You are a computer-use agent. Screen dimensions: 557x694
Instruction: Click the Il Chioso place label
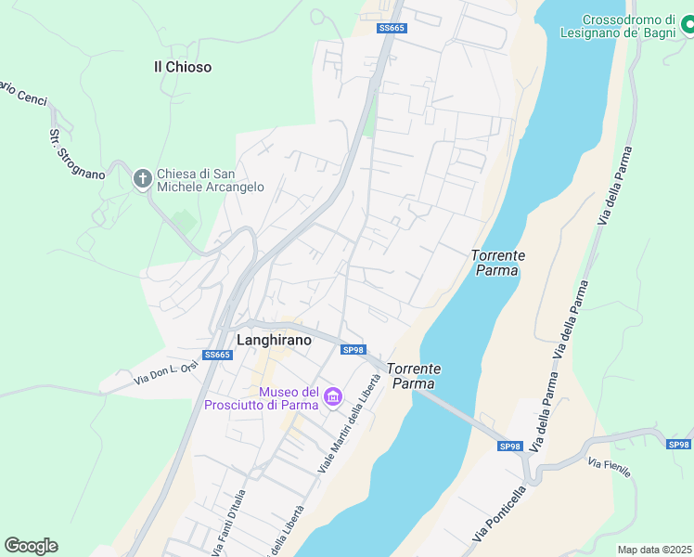point(183,67)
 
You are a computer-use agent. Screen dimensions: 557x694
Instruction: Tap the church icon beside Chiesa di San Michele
point(142,178)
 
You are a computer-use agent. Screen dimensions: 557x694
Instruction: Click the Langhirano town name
point(274,341)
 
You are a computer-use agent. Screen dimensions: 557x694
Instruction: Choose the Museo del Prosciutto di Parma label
point(263,398)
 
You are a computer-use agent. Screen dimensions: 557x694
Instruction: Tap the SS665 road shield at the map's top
point(392,29)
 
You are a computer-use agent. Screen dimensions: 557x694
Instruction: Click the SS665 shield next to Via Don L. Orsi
point(216,355)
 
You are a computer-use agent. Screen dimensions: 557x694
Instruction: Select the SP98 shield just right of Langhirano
point(353,350)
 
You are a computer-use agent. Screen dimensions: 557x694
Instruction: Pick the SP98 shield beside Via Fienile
point(679,445)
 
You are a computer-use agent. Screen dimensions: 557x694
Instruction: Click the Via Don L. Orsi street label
point(166,373)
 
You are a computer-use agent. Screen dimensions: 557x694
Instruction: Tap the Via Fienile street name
point(610,467)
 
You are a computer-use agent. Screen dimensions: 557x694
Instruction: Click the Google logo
point(31,546)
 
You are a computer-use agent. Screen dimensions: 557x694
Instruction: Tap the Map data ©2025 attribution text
point(654,550)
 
